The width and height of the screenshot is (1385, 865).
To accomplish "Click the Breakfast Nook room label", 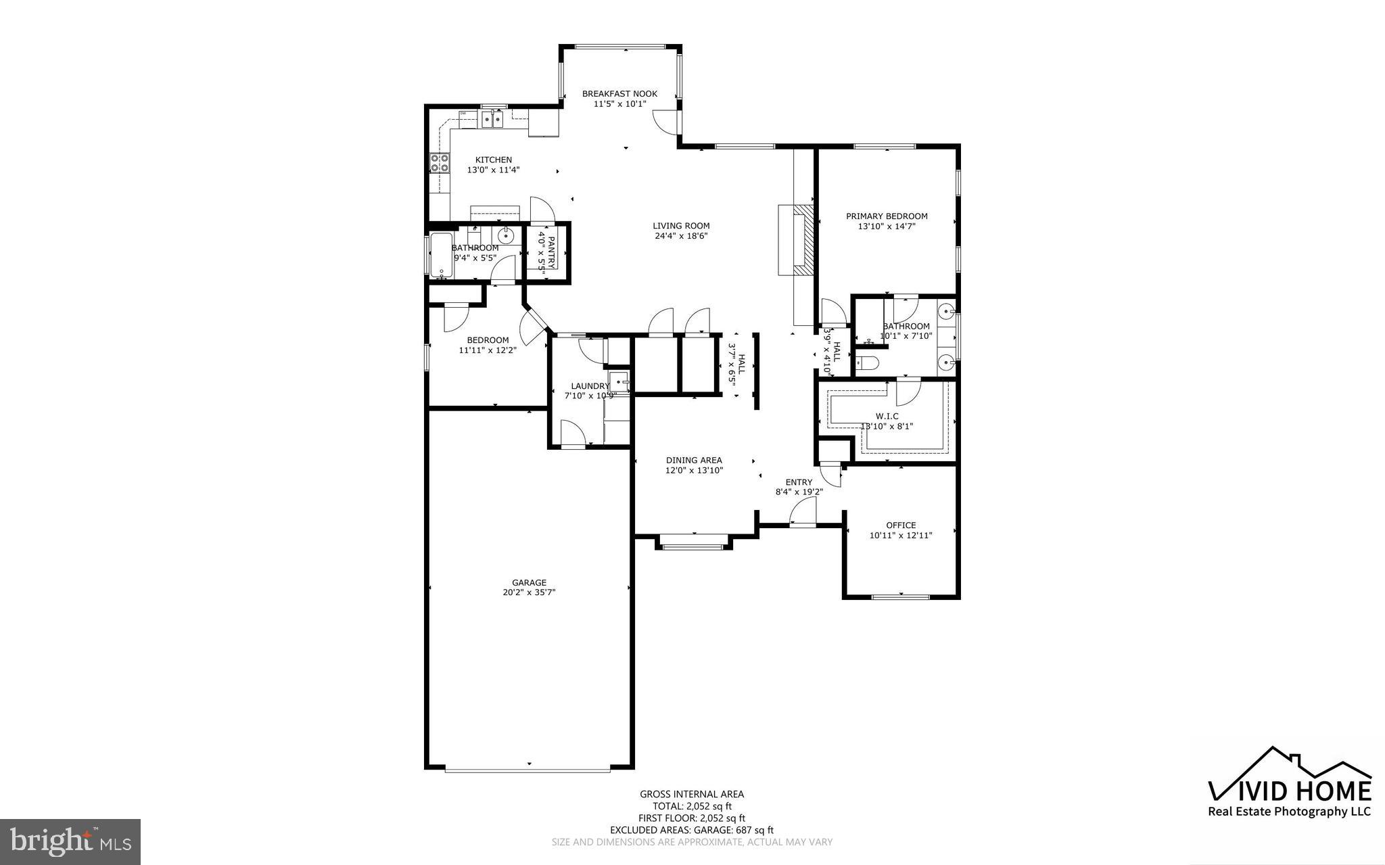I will pyautogui.click(x=619, y=94).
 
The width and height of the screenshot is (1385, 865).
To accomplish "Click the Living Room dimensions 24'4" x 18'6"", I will pyautogui.click(x=681, y=236).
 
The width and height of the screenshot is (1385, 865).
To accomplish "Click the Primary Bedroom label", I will pyautogui.click(x=887, y=216).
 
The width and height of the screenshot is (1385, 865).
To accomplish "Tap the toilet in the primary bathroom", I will pyautogui.click(x=868, y=364).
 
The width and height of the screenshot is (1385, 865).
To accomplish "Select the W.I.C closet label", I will pyautogui.click(x=887, y=416).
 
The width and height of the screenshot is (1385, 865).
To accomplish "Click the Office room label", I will pyautogui.click(x=901, y=525).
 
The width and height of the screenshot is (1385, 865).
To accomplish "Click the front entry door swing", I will pyautogui.click(x=803, y=511).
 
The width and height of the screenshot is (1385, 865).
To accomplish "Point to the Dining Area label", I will pyautogui.click(x=694, y=460).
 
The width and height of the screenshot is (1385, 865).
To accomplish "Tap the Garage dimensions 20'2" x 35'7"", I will pyautogui.click(x=528, y=592).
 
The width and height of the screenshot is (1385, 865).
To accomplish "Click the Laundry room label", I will pyautogui.click(x=590, y=386).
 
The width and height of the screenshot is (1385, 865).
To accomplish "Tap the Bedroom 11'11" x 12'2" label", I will pyautogui.click(x=488, y=340).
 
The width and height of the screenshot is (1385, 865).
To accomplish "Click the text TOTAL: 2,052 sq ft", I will pyautogui.click(x=692, y=806).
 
